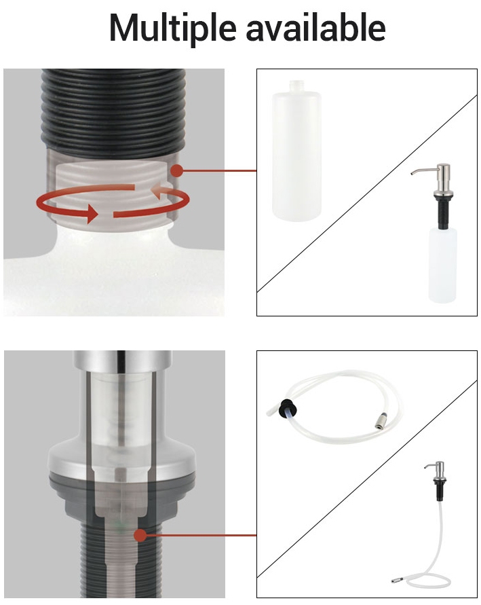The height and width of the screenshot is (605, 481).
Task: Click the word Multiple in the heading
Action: pos(172,29)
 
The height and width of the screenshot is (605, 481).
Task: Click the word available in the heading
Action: pos(315,27)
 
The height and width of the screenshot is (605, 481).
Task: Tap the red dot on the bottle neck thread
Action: pos(176,170)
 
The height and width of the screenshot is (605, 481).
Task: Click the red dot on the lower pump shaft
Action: pos(140,535)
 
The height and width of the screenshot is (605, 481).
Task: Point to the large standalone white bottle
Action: pos(296,151)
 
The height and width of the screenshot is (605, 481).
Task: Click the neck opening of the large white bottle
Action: pos(296,84)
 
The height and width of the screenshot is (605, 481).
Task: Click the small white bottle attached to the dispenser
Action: pos(442,265)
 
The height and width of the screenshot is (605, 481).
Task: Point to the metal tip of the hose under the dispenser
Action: pos(398,579)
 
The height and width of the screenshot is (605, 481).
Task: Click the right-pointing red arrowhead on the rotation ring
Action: pos(92,213)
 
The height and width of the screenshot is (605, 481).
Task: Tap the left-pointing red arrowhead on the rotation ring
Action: pos(157,191)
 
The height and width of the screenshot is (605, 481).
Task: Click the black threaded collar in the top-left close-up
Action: pos(113,113)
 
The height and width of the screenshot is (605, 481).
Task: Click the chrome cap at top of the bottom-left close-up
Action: pos(122,361)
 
